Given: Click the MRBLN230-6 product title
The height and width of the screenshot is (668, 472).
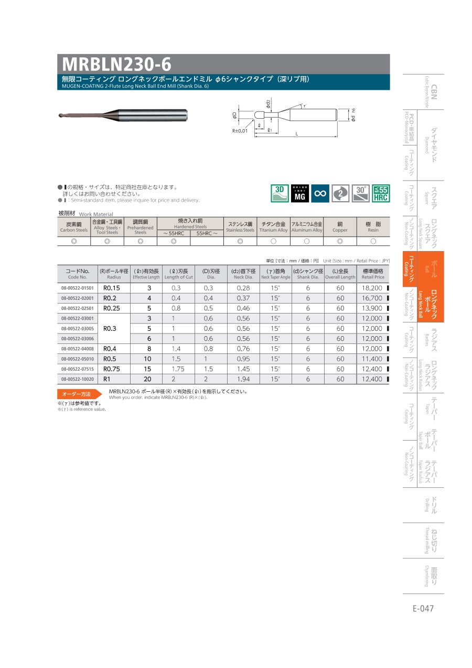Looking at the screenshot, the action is pos(116,64).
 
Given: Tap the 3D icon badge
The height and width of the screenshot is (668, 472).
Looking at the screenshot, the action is pos(280,193).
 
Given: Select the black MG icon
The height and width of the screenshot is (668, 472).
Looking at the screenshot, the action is pos(299,193).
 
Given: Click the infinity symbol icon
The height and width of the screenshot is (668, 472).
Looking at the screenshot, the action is pos(320,193).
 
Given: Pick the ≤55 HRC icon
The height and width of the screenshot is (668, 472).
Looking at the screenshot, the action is pos(381,193).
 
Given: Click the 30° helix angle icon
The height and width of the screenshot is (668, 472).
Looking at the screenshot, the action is pos(361,193).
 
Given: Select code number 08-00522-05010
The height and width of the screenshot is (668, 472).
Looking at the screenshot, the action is pos(78,359).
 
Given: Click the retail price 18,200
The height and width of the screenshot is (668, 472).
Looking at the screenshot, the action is pos(372,288).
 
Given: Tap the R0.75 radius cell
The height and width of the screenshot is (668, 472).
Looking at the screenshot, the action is pos(111,369).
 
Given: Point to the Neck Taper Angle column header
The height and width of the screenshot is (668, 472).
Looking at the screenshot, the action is pos(275,274).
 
